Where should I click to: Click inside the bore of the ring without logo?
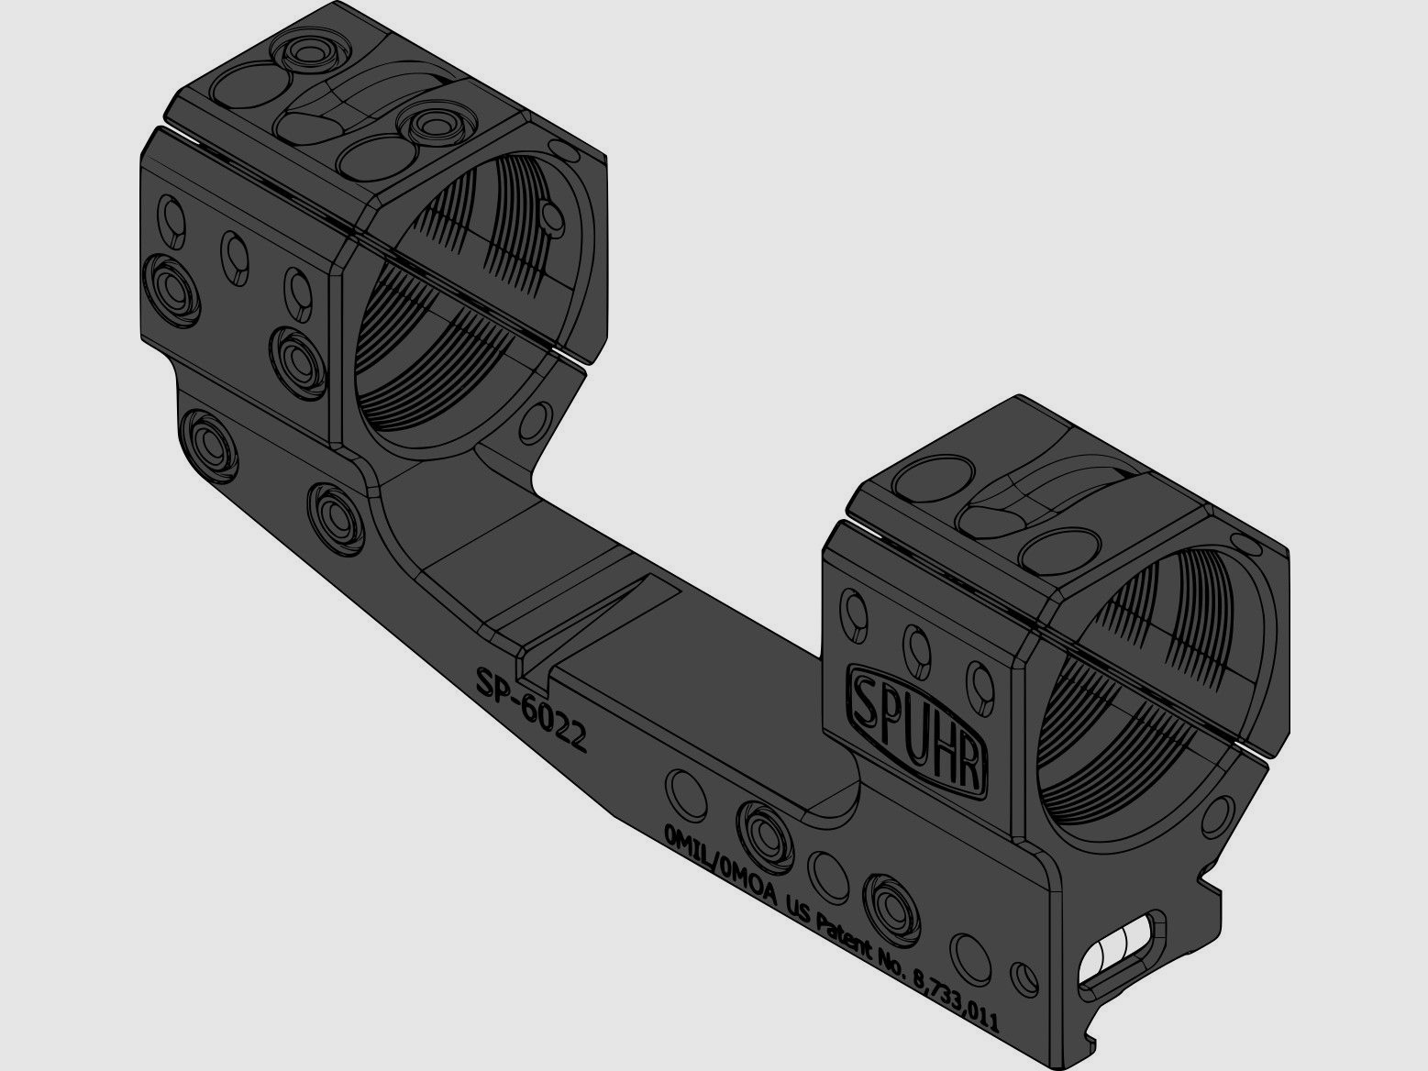click(x=459, y=330)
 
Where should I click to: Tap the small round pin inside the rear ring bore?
click(x=553, y=215)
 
